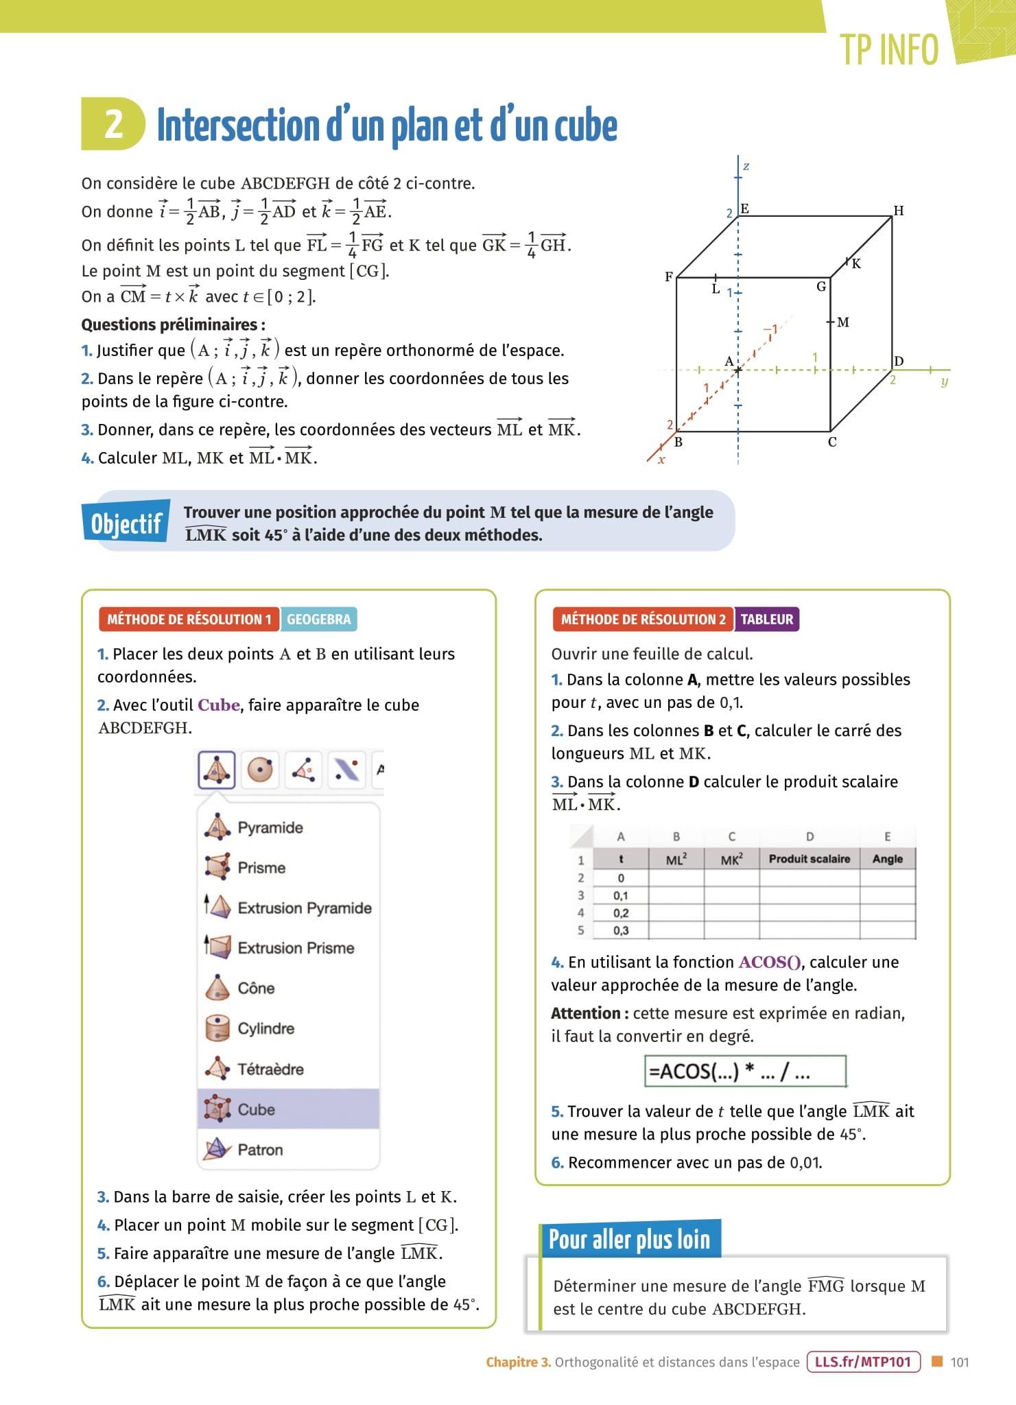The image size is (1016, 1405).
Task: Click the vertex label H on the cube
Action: point(898,211)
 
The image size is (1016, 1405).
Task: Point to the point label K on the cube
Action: point(856,263)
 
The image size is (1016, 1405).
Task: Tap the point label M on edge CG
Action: point(843,322)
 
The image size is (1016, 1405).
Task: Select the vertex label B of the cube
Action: point(678,442)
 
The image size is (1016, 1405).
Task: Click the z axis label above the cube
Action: point(746,167)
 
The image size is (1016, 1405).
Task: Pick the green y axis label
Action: point(944,381)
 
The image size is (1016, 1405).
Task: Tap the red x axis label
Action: point(661,460)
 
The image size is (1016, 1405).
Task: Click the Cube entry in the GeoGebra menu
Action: point(256,1109)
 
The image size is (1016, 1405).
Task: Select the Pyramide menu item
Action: point(270,827)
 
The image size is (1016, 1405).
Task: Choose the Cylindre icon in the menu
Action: point(217,1028)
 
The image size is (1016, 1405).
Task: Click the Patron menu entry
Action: point(259,1150)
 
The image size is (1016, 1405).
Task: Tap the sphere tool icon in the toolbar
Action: point(260,770)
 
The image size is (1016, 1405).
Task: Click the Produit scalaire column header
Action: point(809,859)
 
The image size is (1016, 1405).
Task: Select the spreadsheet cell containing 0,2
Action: point(621,913)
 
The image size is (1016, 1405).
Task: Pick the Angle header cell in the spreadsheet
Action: point(887,859)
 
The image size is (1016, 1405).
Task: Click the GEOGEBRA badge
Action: point(318,619)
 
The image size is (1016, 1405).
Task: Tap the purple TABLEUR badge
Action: point(766,619)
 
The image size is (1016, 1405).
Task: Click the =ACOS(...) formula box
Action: point(744,1072)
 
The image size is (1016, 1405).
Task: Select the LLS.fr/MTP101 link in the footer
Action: point(863,1362)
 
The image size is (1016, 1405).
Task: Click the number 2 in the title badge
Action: point(114,125)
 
